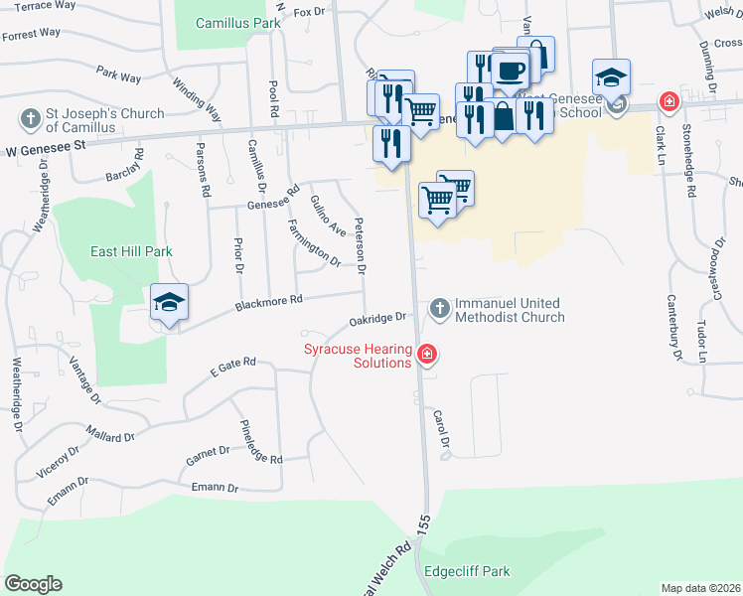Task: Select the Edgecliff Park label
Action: [466, 571]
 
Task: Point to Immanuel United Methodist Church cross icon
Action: [438, 310]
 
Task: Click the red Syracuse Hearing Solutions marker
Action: [427, 354]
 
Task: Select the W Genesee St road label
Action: [46, 145]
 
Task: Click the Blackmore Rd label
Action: [269, 301]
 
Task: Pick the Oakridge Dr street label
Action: [378, 320]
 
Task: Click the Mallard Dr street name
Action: [109, 436]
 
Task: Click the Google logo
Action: [33, 584]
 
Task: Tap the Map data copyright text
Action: [699, 588]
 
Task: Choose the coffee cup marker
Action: [511, 71]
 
